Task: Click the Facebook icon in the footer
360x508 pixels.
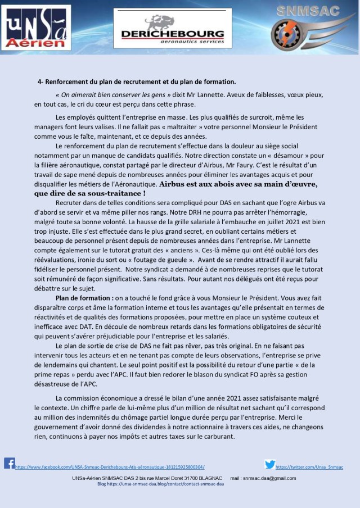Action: tap(9, 463)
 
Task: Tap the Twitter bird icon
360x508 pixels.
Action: tap(270, 464)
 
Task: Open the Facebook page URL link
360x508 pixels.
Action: tap(110, 467)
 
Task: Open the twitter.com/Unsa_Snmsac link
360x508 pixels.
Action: tap(309, 467)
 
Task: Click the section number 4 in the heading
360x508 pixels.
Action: tap(39, 81)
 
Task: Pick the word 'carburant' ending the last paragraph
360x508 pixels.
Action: tap(218, 436)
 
